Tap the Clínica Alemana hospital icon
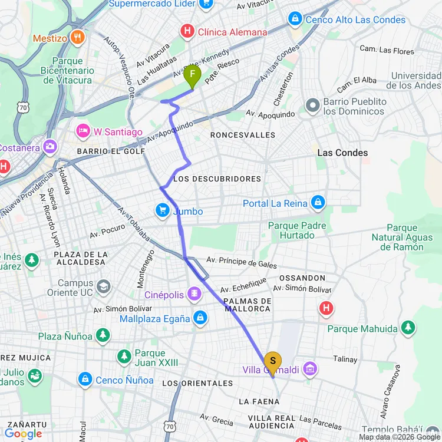187,31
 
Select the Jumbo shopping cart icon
162,210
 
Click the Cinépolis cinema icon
194,293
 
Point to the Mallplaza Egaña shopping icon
200,318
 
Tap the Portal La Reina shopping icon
318,203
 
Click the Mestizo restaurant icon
77,38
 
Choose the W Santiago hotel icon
82,130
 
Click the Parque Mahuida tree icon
408,328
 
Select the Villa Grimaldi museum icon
311,370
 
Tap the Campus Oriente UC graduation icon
104,286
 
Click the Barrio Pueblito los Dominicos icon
312,106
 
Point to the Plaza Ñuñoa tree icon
103,335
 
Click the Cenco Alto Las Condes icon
295,19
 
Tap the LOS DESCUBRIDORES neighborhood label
217,179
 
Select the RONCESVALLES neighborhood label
243,135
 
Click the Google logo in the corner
24,434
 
